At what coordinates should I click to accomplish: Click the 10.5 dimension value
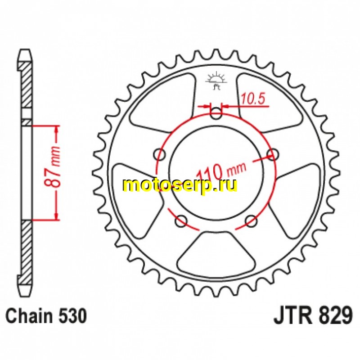point(253,98)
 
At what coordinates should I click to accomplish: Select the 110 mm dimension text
point(221,170)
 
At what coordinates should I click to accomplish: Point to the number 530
point(73,316)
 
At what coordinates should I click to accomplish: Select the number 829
point(335,315)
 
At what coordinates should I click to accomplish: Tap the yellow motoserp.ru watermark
point(180,185)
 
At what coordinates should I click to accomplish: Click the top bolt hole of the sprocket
point(216,113)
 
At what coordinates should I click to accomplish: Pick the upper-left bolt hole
point(159,154)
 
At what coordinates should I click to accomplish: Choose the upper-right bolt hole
point(273,154)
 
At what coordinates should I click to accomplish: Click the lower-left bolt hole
point(181,221)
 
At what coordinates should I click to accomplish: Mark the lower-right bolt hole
point(251,221)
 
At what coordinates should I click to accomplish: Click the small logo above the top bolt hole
point(216,81)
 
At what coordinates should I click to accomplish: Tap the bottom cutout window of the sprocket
point(216,252)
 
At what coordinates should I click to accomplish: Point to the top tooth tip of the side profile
point(25,49)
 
